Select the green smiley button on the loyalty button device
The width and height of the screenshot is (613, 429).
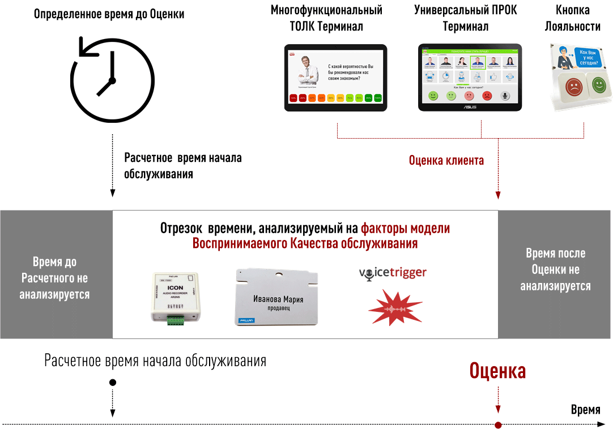click(599, 86)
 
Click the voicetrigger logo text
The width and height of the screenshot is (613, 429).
click(393, 273)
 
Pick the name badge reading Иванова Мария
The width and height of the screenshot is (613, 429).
click(278, 297)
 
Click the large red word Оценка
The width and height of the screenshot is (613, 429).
click(497, 371)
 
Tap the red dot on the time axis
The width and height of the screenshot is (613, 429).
click(498, 425)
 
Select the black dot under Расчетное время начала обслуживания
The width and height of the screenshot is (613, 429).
click(113, 383)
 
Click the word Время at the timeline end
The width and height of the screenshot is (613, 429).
click(585, 410)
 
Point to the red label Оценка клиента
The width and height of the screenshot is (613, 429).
click(446, 161)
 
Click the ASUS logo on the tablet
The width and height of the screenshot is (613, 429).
click(469, 106)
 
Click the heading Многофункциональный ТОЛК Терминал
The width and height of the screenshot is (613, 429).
click(326, 18)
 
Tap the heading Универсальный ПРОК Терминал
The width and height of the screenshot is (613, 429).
click(465, 18)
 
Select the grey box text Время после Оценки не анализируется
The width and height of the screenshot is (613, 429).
click(555, 270)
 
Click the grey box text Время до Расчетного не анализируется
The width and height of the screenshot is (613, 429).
click(54, 278)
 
